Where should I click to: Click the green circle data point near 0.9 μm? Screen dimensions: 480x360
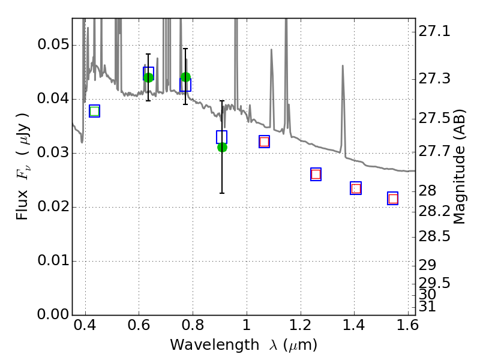[222, 148]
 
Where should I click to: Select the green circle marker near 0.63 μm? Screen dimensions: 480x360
[148, 77]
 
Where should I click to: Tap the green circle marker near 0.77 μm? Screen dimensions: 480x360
[185, 77]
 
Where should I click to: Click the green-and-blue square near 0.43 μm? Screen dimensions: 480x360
[95, 111]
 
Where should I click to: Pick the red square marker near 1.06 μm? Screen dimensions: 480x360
[264, 142]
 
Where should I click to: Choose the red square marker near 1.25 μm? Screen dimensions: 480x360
[316, 175]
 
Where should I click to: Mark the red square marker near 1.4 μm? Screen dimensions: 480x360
[356, 188]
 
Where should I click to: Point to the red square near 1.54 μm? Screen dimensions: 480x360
[393, 199]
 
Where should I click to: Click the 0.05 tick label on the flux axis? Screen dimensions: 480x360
[53, 45]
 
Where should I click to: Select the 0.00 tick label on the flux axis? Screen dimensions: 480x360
[53, 314]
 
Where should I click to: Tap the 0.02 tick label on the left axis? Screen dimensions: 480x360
[53, 206]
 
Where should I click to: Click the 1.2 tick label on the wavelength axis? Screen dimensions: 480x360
[301, 325]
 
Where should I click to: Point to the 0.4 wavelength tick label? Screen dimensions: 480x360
[85, 325]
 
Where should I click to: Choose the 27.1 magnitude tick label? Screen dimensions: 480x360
[434, 32]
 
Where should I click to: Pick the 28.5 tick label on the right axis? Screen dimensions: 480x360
[434, 236]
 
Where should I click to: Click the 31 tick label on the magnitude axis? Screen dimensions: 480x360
[427, 307]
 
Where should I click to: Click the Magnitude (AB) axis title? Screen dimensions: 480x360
[458, 167]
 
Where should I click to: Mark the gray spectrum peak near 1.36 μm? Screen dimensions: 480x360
[343, 65]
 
